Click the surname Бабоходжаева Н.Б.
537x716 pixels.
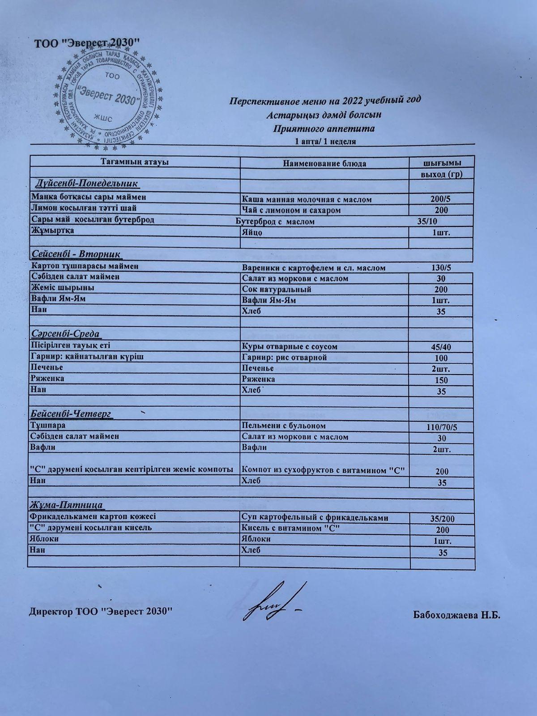coord(456,615)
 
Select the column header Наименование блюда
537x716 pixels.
coord(324,163)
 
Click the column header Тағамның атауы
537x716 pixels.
coord(134,162)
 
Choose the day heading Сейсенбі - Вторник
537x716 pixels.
coord(76,254)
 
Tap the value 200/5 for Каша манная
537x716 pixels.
coord(441,199)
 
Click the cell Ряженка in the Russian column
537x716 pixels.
coord(258,379)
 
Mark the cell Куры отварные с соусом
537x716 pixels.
coord(289,346)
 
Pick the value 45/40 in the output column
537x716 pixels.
coord(441,347)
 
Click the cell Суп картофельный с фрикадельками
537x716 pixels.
coord(314,517)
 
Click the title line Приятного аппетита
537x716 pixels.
coord(324,129)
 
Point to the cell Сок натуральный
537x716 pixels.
coord(276,289)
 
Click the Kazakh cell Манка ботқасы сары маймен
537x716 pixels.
coord(89,197)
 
